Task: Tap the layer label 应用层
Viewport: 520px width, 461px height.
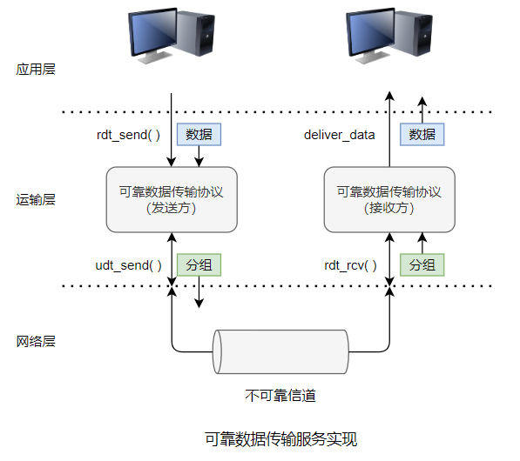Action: coord(36,69)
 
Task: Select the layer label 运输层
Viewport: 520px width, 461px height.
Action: coord(36,199)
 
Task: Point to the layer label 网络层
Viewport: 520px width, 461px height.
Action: coord(36,342)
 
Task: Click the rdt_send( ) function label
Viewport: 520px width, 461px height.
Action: coord(128,135)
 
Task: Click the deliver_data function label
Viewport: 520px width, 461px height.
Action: coord(340,135)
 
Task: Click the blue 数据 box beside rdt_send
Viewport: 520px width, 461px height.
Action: coord(199,134)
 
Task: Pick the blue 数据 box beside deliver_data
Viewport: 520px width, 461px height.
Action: coord(422,134)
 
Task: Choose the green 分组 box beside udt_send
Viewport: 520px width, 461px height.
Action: coord(199,264)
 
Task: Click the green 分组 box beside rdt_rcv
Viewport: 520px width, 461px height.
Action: coord(422,264)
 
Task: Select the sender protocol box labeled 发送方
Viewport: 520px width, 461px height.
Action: coord(172,199)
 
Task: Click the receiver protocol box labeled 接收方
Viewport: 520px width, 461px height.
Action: coord(389,199)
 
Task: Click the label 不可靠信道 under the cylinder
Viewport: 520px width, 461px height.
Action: coord(280,396)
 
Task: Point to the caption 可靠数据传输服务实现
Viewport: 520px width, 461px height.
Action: coord(280,438)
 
